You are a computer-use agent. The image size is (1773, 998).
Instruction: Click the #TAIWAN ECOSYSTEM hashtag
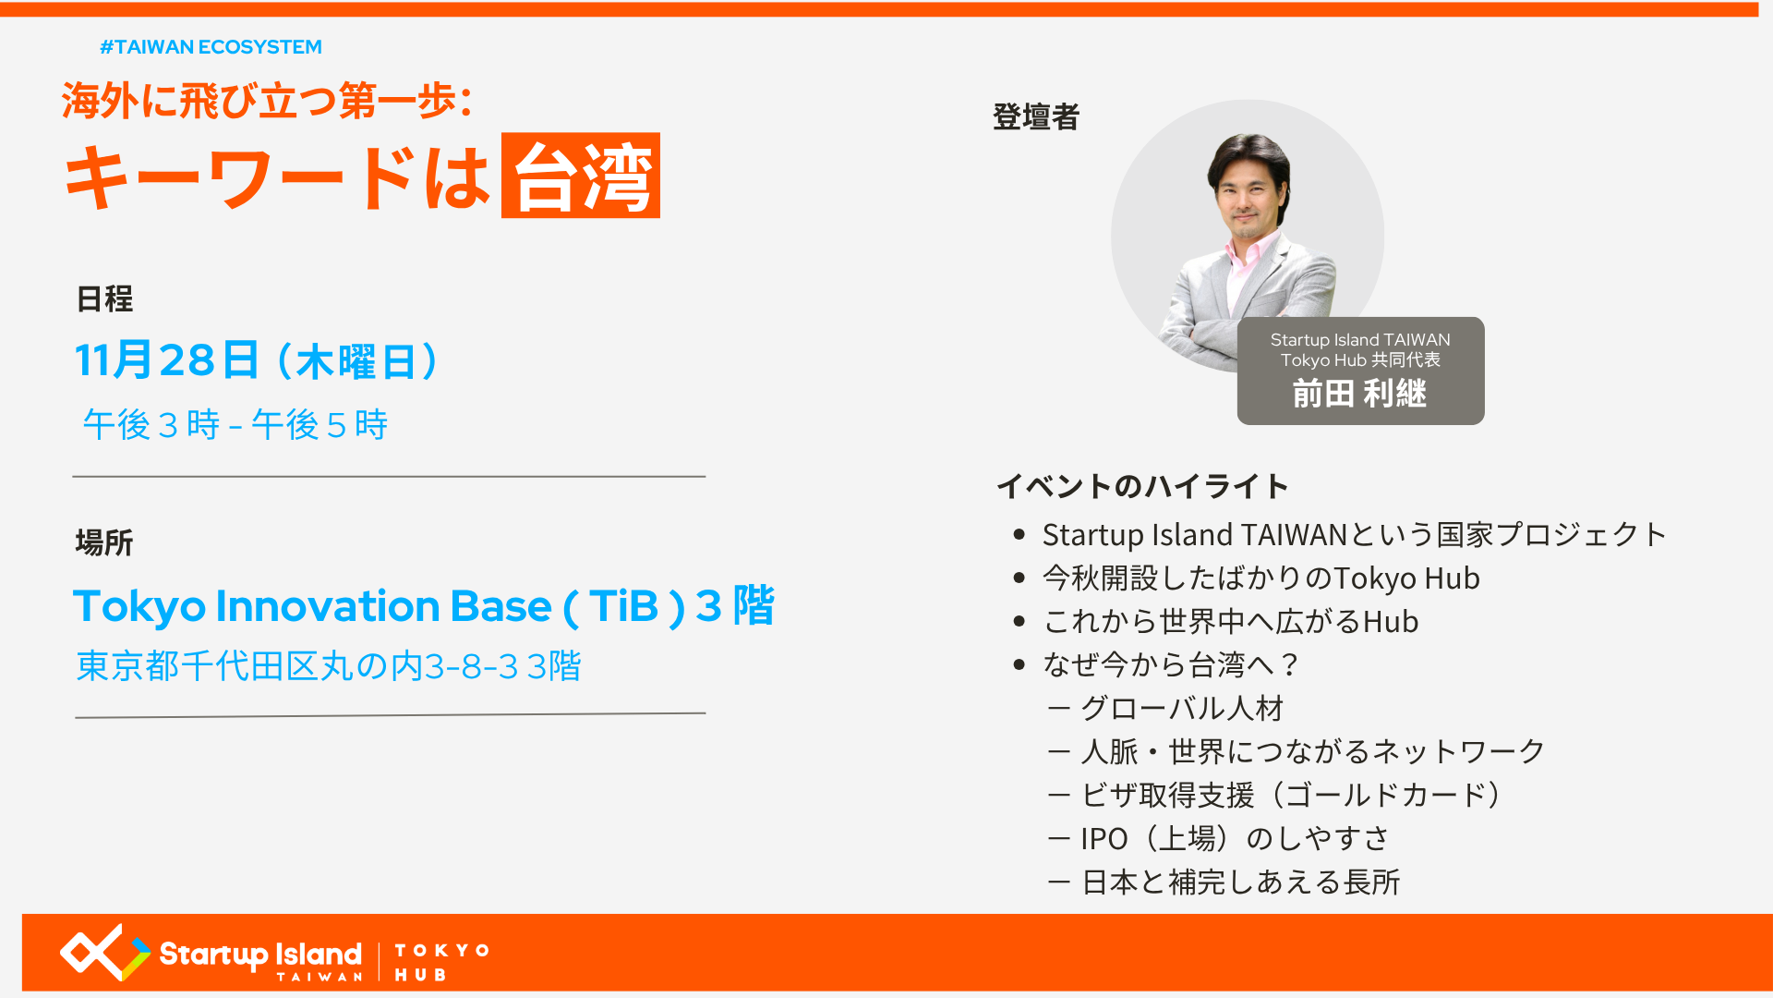211,47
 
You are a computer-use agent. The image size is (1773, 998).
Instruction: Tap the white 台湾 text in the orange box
582,177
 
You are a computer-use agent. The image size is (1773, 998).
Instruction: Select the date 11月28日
166,360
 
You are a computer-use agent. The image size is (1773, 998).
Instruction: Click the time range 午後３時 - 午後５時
235,425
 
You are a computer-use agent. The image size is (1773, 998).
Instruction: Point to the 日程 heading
104,299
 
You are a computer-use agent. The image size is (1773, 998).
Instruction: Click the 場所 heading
104,542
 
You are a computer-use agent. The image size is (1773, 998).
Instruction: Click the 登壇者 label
1036,117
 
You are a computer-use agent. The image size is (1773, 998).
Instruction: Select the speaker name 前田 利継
1359,394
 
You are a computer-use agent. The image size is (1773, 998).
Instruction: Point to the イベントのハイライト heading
1142,486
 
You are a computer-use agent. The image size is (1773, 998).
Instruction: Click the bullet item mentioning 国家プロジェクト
1354,535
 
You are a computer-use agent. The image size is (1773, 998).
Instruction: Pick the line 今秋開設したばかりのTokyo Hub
1261,578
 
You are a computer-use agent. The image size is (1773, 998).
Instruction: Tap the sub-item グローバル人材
1166,709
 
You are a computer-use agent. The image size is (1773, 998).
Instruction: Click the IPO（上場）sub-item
1219,839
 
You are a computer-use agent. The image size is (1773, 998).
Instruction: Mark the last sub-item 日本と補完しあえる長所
1224,882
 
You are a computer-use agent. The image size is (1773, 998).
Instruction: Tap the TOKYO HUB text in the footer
441,962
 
